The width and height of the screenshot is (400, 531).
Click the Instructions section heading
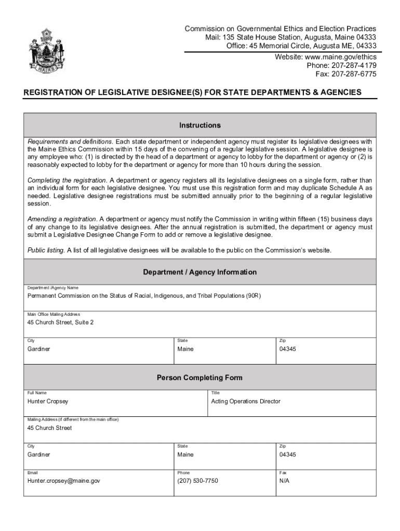point(200,125)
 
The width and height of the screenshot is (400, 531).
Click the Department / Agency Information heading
point(200,272)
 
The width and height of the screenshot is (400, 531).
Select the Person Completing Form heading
point(200,378)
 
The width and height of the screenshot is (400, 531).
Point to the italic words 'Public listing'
point(46,250)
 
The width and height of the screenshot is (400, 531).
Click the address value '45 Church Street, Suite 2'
point(60,323)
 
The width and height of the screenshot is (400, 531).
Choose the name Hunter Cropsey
point(48,401)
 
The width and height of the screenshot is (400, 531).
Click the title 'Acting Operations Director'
point(246,401)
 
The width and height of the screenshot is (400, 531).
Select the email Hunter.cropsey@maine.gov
point(64,481)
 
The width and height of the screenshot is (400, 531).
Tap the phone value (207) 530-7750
point(198,481)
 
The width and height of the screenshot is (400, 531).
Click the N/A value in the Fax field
point(284,481)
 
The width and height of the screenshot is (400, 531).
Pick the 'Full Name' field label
point(37,393)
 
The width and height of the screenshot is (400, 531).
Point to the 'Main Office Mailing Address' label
point(54,314)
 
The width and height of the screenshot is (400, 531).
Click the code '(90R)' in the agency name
point(254,296)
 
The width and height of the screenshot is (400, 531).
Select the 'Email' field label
point(33,472)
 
